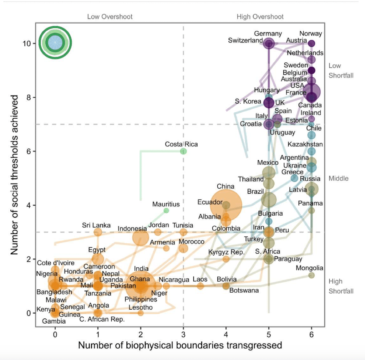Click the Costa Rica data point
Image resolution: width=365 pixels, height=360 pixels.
(x=183, y=151)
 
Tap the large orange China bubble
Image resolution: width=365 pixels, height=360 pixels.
(x=226, y=205)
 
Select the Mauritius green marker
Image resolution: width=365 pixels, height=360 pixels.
(x=166, y=210)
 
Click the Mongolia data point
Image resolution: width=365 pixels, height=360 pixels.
(x=311, y=275)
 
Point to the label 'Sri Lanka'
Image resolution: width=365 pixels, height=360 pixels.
(x=94, y=225)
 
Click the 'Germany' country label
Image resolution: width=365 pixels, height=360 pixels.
(x=268, y=34)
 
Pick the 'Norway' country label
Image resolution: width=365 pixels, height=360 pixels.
(x=310, y=34)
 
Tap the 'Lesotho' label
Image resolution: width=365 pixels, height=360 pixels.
(x=141, y=307)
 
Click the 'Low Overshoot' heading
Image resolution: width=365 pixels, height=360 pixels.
(x=110, y=17)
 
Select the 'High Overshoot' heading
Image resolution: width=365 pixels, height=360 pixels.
(x=260, y=17)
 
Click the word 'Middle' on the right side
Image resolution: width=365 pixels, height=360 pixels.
(x=338, y=178)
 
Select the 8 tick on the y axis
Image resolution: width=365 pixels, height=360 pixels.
(x=28, y=97)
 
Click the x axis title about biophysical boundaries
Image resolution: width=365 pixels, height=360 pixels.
(x=180, y=345)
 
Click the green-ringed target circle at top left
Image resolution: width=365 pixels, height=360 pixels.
(x=55, y=43)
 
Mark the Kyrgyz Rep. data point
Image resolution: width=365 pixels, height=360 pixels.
(x=226, y=259)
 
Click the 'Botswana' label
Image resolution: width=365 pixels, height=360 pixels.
(x=244, y=290)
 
